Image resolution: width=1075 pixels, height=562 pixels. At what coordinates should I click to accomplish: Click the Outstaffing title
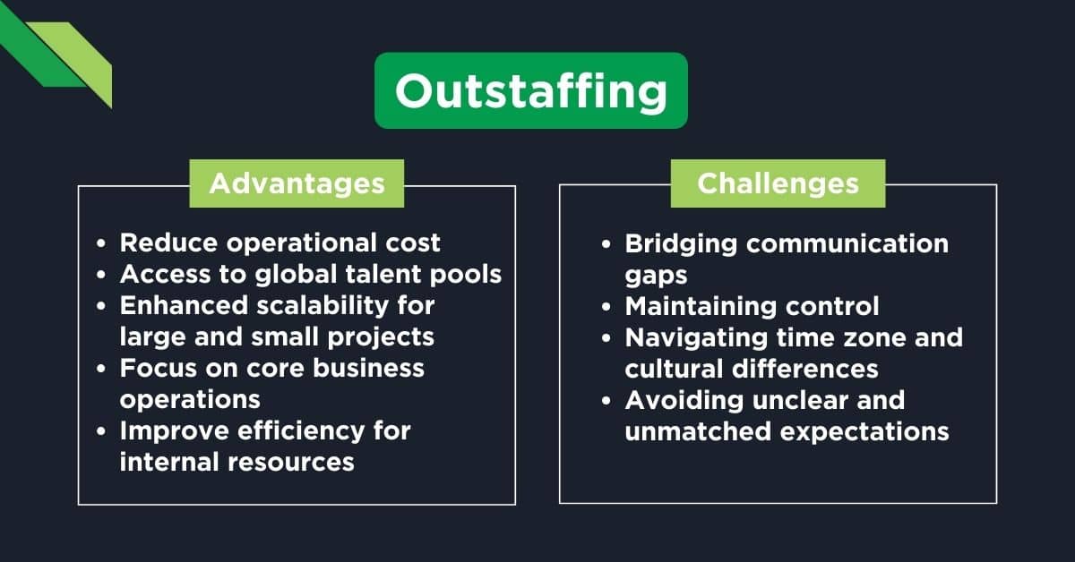pos(530,90)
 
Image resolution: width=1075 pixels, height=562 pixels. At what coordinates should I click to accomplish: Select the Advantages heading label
pos(297,183)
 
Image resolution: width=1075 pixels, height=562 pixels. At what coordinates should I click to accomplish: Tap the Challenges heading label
pos(778,183)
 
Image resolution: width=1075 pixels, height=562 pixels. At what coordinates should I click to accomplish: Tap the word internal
pos(168,462)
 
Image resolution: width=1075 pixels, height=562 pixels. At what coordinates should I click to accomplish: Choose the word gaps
pos(655,275)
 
